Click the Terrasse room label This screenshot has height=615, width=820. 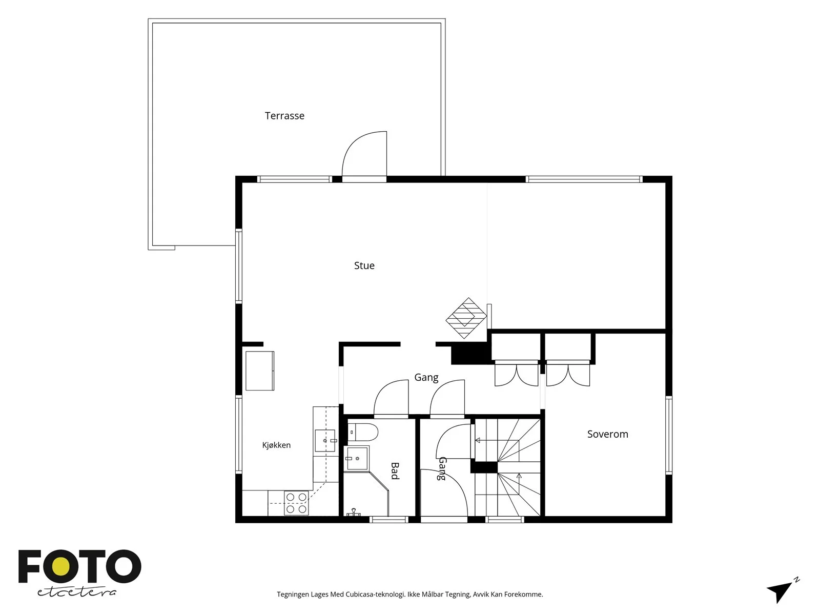[284, 116]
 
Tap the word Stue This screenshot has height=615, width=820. [364, 265]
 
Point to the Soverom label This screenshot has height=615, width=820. [607, 434]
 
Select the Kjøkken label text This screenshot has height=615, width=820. [276, 445]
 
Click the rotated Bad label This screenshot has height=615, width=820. [395, 470]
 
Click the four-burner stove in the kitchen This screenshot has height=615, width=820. [296, 503]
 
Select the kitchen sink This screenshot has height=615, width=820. [325, 441]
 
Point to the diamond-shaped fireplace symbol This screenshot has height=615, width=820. [466, 318]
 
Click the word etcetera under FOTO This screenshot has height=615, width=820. [76, 592]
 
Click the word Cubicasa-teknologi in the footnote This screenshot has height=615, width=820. [375, 594]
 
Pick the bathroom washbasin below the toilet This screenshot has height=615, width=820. [357, 459]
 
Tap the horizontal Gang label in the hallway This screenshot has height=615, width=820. [426, 378]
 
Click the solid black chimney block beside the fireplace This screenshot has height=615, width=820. [470, 353]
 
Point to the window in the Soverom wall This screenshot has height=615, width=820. [669, 436]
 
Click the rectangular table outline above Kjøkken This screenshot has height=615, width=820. [260, 371]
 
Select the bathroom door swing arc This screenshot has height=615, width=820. [391, 397]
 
